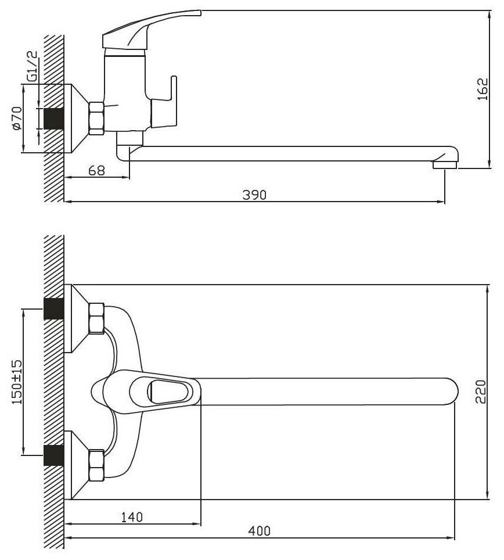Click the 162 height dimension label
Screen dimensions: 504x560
(x=483, y=88)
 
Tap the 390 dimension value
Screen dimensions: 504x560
(x=254, y=195)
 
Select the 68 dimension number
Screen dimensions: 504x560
(x=97, y=170)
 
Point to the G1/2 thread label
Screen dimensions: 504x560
(x=32, y=67)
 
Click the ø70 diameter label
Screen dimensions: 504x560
(x=17, y=118)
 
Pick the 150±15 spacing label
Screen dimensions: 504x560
(x=17, y=382)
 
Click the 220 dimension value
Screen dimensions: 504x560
(x=481, y=392)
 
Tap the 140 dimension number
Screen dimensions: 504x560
(x=132, y=517)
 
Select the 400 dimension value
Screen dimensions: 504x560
(x=259, y=531)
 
